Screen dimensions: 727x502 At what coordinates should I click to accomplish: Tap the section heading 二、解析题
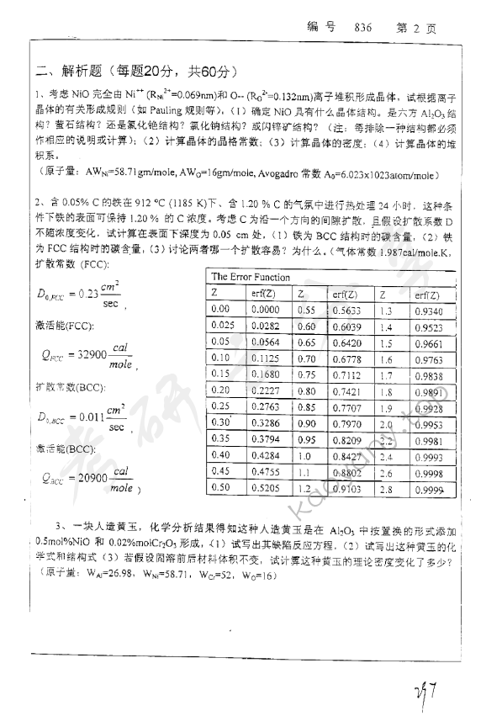point(66,71)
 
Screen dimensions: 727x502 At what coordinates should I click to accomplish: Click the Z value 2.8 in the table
point(386,488)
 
